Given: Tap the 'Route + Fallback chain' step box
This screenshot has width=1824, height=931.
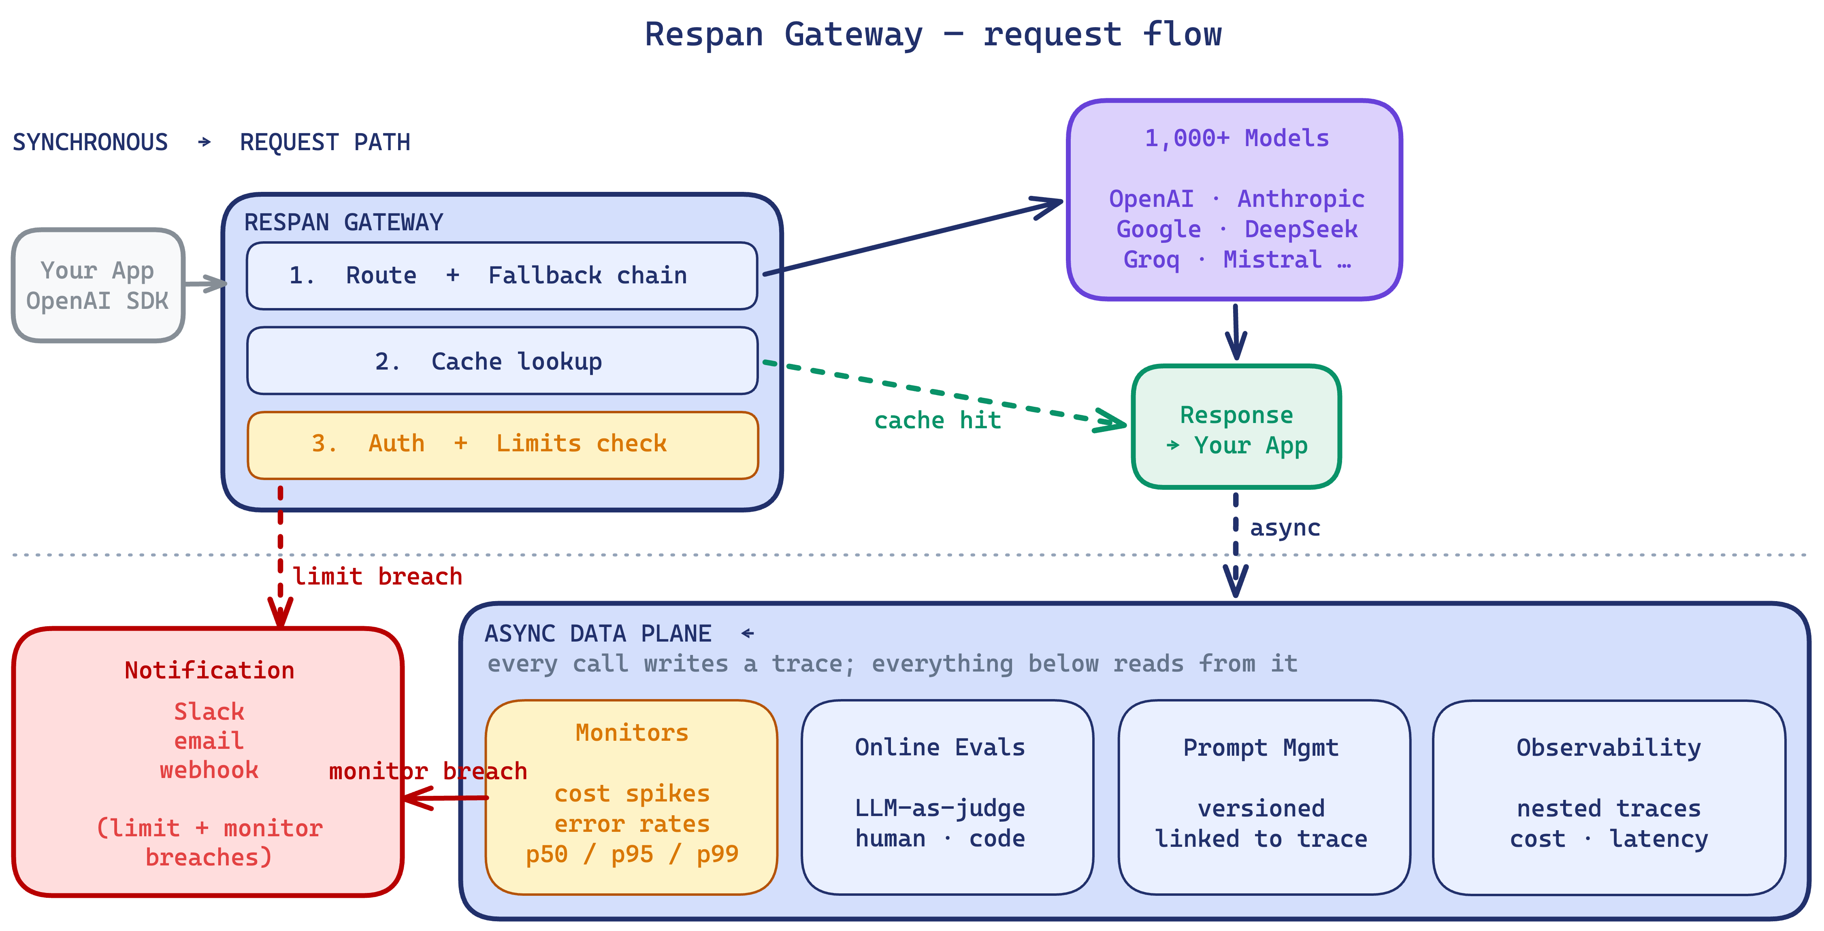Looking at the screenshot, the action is tap(502, 275).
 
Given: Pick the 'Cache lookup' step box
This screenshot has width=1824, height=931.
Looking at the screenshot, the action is tap(502, 360).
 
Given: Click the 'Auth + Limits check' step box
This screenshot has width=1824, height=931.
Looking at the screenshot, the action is tap(502, 444).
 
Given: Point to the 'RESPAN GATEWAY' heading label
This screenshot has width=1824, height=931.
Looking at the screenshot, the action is tap(343, 222).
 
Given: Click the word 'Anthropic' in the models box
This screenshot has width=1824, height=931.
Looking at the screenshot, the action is tap(1301, 199).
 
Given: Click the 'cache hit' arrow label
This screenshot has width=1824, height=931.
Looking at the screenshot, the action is tap(938, 421).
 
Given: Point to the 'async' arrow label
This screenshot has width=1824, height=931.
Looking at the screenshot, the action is tap(1285, 528).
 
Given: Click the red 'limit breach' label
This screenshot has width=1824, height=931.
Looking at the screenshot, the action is tap(377, 576).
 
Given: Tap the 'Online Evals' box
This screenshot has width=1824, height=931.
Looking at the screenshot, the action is tap(947, 797).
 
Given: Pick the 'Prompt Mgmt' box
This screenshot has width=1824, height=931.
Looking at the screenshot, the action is tap(1264, 797).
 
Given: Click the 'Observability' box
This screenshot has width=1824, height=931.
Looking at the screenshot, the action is tap(1609, 797).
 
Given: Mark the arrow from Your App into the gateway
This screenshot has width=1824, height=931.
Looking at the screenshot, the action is tap(205, 284).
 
